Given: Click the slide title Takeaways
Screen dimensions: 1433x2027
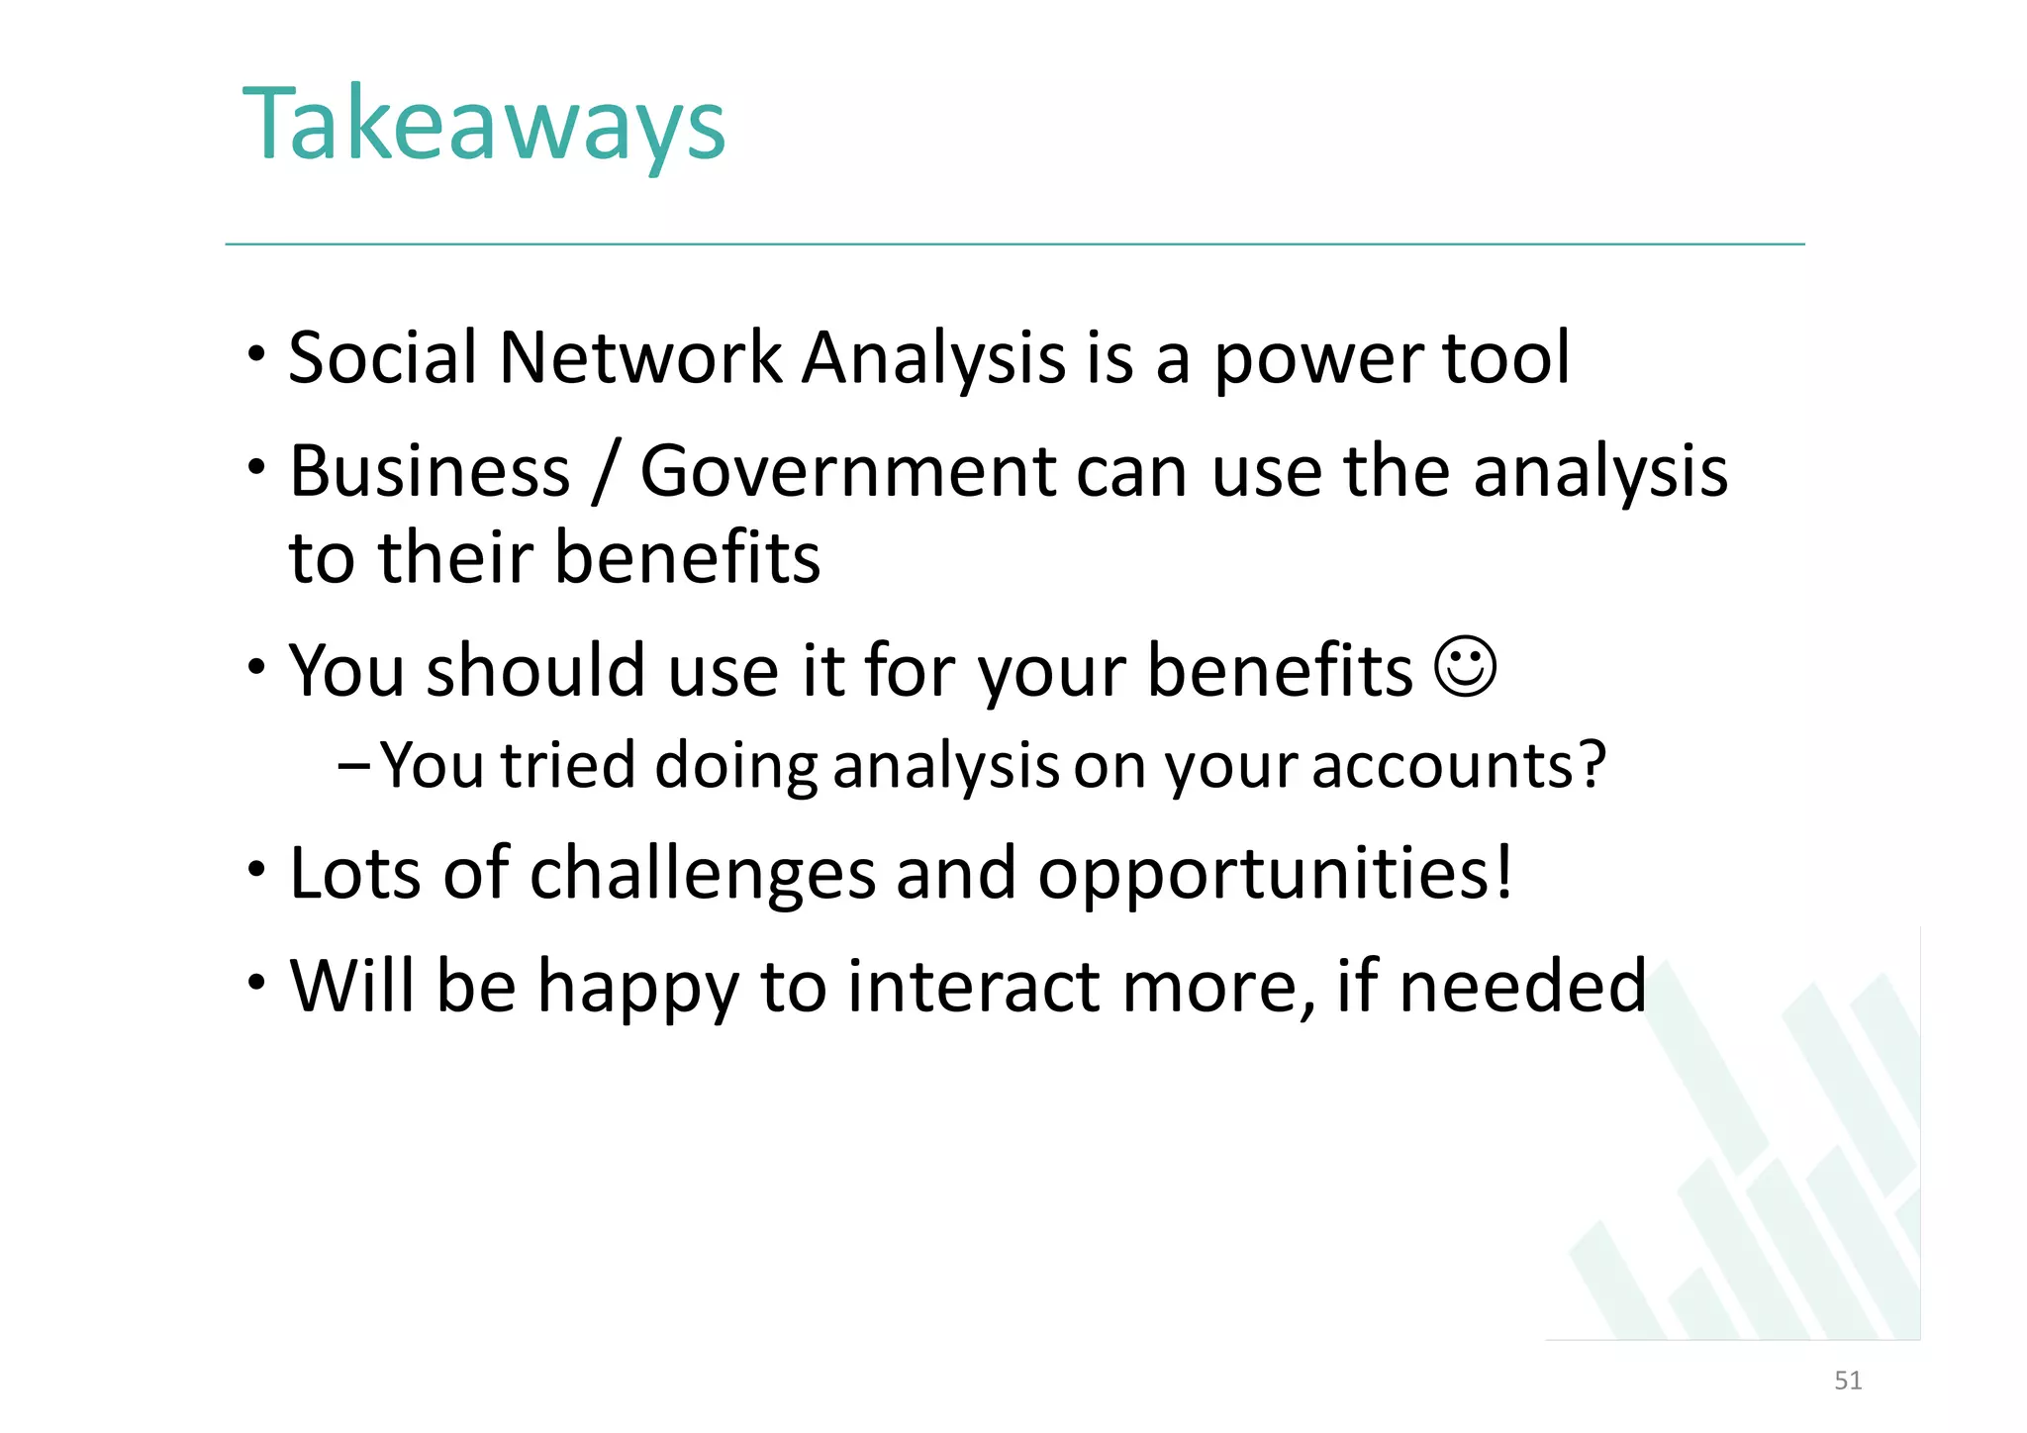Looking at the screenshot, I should [x=484, y=126].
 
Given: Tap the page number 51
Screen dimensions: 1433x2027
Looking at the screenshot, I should [x=1848, y=1381].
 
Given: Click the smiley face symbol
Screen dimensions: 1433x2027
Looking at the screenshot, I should [x=1465, y=667].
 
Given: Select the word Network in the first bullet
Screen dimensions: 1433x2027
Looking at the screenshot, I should [x=640, y=357].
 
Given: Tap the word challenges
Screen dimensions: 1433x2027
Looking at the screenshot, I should [x=704, y=874].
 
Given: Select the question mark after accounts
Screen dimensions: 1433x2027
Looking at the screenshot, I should [x=1590, y=765].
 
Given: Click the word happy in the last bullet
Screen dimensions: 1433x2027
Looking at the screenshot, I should [x=638, y=989].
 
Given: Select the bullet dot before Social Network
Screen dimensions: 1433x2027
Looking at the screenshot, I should [x=256, y=353].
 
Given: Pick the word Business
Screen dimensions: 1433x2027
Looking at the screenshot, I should [x=430, y=471].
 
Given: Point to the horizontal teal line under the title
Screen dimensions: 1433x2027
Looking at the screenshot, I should [x=1013, y=243].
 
